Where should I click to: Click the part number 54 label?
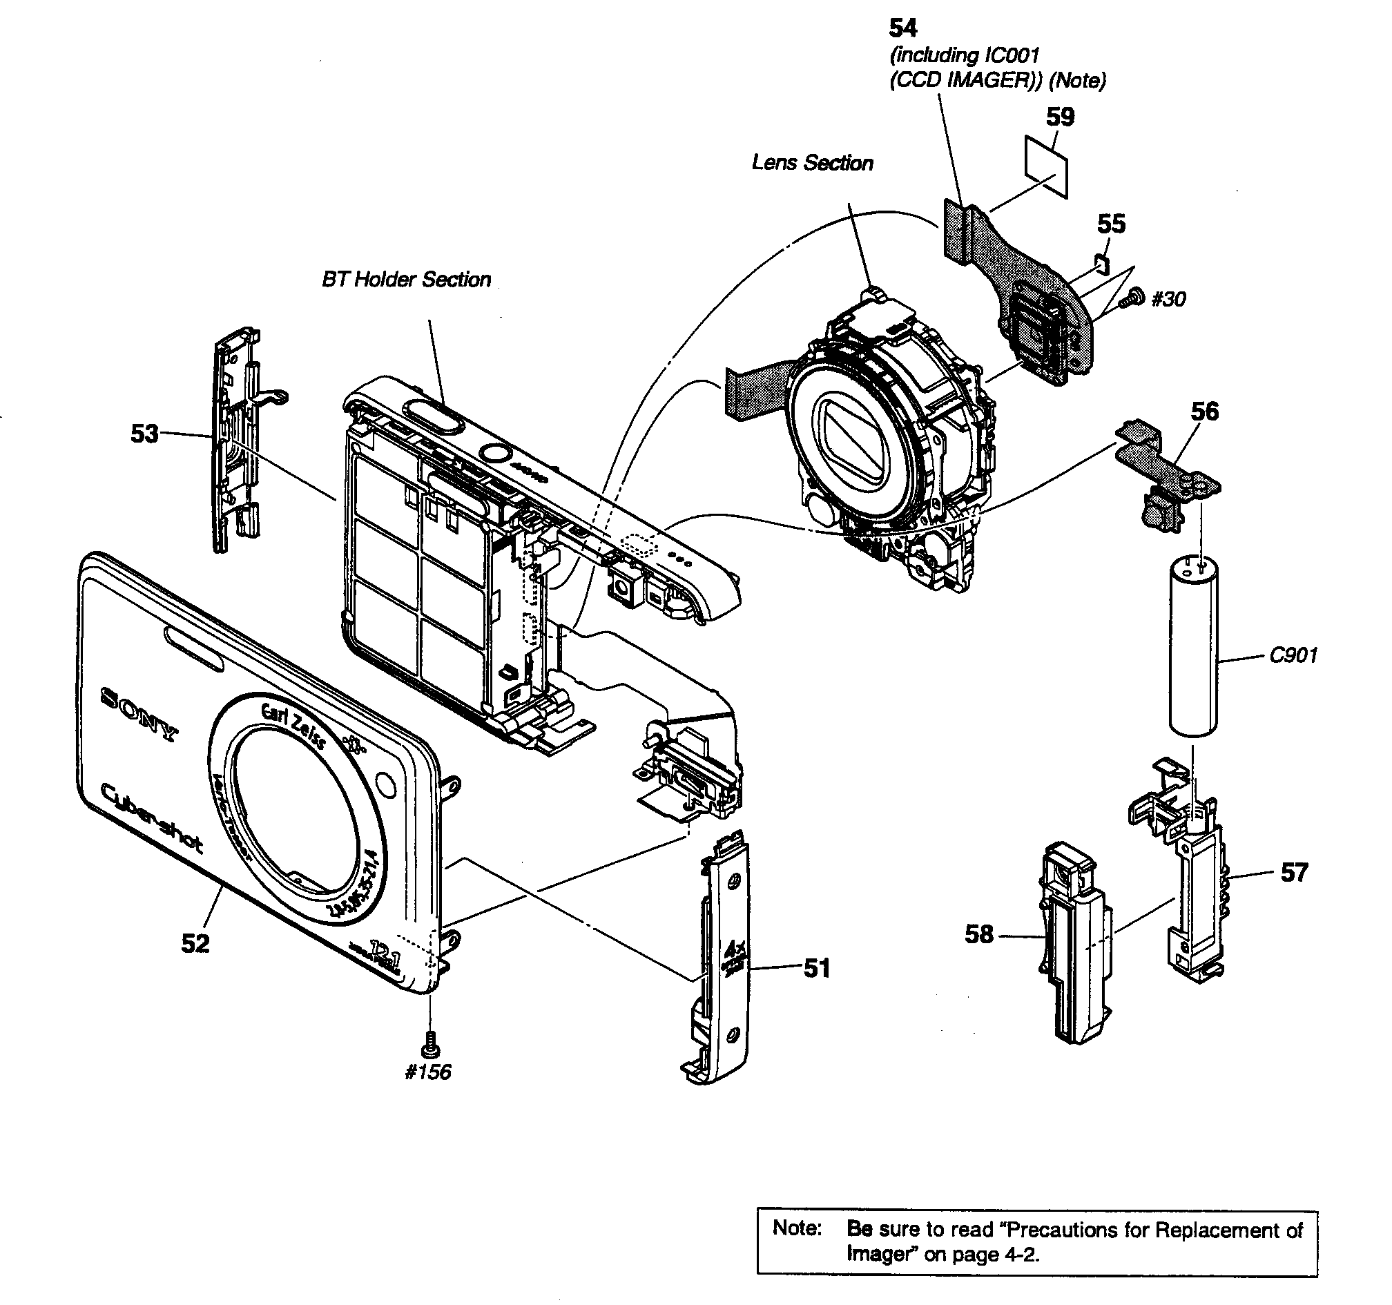902,28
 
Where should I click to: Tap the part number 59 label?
1060,116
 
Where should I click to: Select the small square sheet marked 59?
1047,166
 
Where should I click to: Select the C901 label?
1293,655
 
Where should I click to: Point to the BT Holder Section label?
406,280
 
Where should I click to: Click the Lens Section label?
812,163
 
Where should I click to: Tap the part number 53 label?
144,434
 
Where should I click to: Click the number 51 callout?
816,968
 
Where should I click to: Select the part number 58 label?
979,934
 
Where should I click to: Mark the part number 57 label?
1294,872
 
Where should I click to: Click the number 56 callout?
1204,412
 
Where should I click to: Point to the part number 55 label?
1111,224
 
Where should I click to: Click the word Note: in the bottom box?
796,1227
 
